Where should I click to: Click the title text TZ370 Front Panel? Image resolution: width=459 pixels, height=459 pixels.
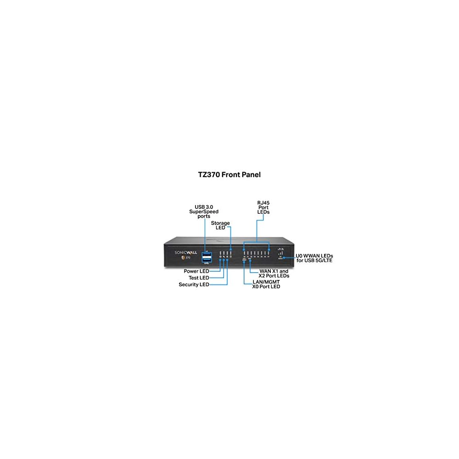(229, 174)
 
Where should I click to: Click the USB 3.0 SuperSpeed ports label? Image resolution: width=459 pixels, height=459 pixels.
(204, 212)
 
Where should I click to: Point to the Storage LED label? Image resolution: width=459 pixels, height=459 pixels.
(220, 225)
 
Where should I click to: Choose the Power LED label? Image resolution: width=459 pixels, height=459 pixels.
(196, 271)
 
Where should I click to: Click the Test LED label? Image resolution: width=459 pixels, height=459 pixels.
(199, 278)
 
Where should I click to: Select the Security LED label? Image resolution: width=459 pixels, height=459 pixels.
(194, 285)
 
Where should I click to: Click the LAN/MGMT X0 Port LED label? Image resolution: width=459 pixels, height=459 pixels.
(266, 284)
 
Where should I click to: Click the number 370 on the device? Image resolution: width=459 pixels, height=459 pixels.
(188, 257)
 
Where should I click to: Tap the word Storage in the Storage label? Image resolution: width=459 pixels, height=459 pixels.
(220, 223)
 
